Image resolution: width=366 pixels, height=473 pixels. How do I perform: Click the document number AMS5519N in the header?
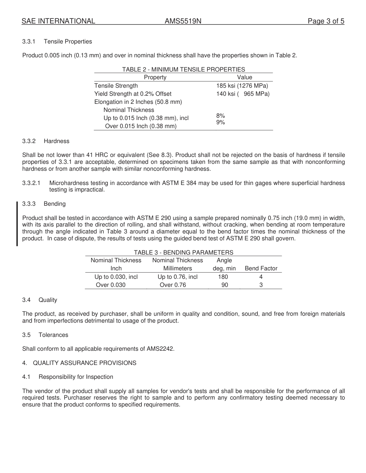pyautogui.click(x=183, y=22)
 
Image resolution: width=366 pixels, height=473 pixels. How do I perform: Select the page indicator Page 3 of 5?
pyautogui.click(x=326, y=22)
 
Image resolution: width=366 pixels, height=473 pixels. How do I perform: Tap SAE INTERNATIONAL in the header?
pyautogui.click(x=58, y=22)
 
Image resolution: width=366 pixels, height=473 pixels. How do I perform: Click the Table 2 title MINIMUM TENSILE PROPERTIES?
pyautogui.click(x=183, y=70)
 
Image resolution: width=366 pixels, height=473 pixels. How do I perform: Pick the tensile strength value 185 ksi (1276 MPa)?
pyautogui.click(x=242, y=86)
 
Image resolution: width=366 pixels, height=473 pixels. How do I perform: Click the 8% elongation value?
pyautogui.click(x=220, y=116)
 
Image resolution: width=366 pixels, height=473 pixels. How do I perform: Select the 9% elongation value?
pyautogui.click(x=220, y=122)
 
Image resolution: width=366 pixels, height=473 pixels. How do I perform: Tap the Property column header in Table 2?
pyautogui.click(x=155, y=77)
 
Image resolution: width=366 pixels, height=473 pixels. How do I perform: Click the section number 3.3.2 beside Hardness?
pyautogui.click(x=29, y=141)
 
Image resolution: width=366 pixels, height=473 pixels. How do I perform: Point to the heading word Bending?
pyautogui.click(x=55, y=204)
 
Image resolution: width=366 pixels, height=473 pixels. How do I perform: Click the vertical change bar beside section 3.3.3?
pyautogui.click(x=17, y=223)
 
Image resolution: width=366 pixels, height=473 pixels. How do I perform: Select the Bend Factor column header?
pyautogui.click(x=261, y=268)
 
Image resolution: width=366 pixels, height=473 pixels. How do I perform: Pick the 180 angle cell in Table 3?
pyautogui.click(x=223, y=277)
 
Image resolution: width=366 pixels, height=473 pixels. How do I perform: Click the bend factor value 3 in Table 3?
pyautogui.click(x=261, y=285)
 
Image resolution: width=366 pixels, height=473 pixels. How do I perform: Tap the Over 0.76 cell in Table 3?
pyautogui.click(x=173, y=285)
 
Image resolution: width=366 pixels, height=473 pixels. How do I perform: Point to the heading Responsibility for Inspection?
pyautogui.click(x=76, y=377)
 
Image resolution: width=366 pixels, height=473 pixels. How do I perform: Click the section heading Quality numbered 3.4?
pyautogui.click(x=48, y=300)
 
